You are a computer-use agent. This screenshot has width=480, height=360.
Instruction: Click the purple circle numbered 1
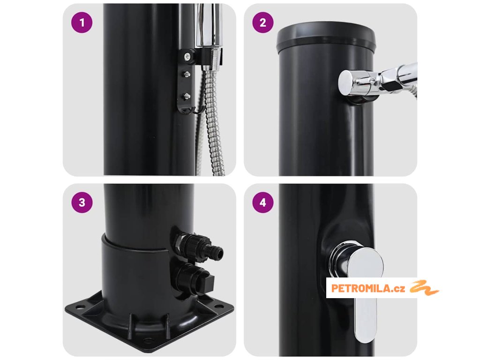[x=82, y=22]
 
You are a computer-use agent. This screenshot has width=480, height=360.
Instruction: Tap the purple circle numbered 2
[x=263, y=22]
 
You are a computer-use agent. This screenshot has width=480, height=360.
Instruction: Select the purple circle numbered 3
[x=82, y=202]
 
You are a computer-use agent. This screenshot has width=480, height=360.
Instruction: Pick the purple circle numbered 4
[x=263, y=202]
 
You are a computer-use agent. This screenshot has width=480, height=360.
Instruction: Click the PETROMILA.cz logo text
[x=368, y=288]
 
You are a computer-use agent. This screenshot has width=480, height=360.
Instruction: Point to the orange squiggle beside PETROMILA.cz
[x=424, y=287]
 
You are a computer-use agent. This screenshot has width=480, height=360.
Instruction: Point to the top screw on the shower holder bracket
[x=187, y=56]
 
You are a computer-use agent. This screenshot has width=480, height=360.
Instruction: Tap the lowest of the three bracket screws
[x=186, y=96]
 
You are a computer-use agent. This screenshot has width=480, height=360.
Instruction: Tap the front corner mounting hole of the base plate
[x=148, y=340]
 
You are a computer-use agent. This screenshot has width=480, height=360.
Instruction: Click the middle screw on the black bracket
[x=186, y=74]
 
